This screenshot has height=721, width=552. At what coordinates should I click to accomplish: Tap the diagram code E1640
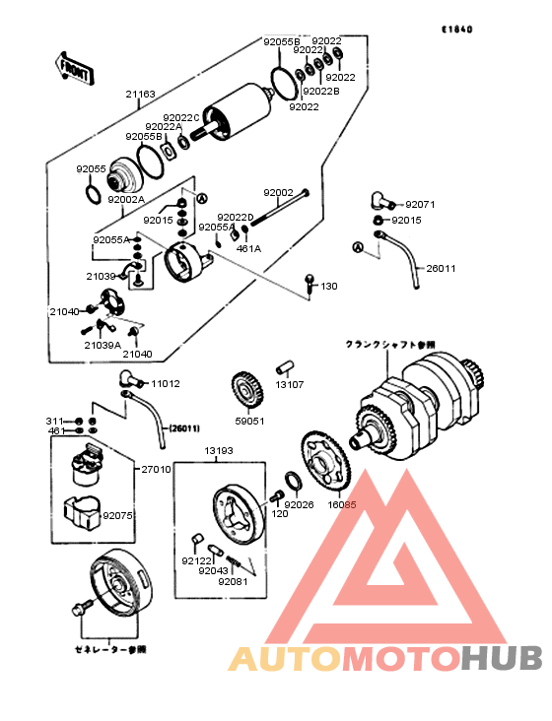(x=456, y=30)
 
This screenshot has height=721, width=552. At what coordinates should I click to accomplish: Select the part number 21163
(x=140, y=95)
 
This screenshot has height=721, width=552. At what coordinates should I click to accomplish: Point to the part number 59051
(x=248, y=420)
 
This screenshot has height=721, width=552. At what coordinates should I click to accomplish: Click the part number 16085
(x=341, y=504)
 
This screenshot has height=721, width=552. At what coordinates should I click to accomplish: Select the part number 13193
(x=219, y=450)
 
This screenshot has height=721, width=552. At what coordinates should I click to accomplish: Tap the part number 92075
(x=116, y=515)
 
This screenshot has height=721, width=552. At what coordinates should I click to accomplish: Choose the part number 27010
(x=156, y=470)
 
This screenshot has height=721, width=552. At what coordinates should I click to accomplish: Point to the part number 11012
(x=165, y=383)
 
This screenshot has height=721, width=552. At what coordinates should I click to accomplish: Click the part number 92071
(x=419, y=205)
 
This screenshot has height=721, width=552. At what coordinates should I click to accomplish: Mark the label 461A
(x=247, y=249)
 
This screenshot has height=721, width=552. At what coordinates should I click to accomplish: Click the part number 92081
(x=234, y=581)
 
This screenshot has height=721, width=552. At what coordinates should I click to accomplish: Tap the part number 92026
(x=299, y=504)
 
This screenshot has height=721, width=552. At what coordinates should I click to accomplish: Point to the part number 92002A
(x=126, y=199)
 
